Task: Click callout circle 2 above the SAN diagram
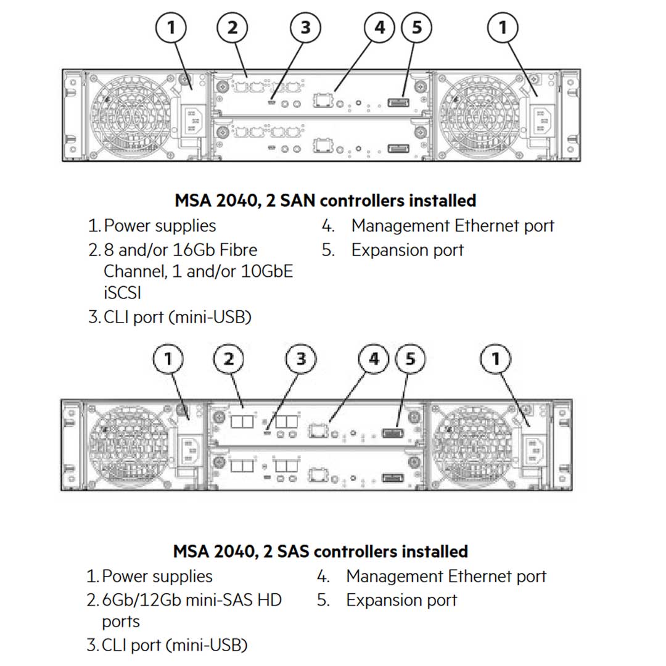point(232,28)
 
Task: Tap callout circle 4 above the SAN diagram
point(379,28)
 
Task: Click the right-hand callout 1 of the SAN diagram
point(503,28)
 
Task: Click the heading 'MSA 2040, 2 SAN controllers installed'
point(325,200)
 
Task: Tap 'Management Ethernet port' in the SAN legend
point(452,226)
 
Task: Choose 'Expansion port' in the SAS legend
point(401,600)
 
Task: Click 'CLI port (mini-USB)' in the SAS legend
point(174,645)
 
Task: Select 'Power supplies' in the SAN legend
point(160,226)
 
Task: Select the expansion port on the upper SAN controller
point(398,102)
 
